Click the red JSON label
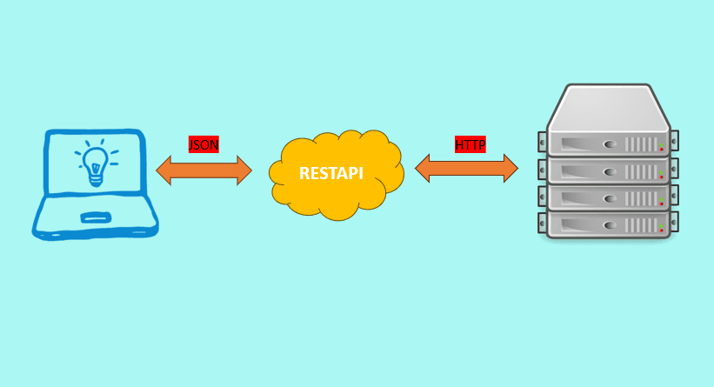pyautogui.click(x=204, y=144)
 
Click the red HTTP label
pyautogui.click(x=470, y=144)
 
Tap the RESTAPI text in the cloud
pyautogui.click(x=331, y=173)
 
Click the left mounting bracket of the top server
pyautogui.click(x=543, y=141)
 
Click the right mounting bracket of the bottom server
pyautogui.click(x=673, y=224)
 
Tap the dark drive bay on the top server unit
pyautogui.click(x=578, y=143)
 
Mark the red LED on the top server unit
pyautogui.click(x=661, y=149)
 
